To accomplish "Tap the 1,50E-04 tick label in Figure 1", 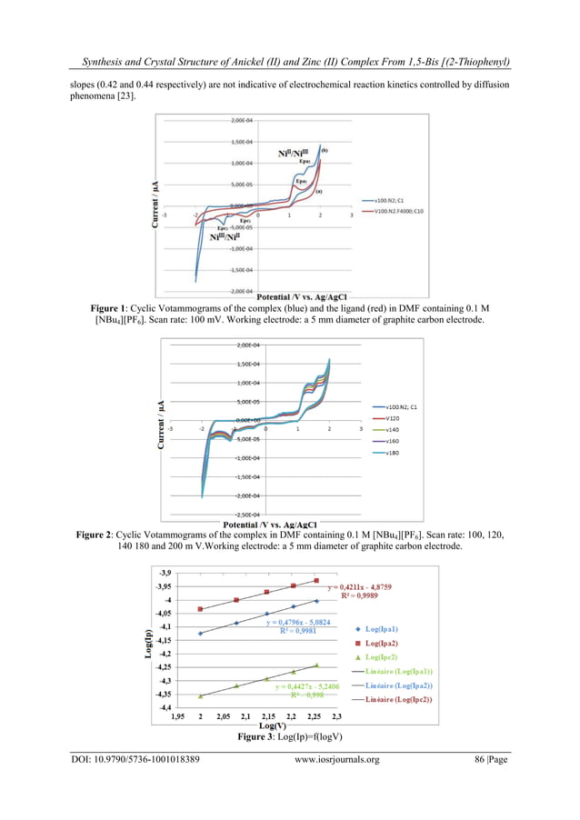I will tap(242, 142).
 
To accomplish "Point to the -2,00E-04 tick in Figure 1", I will tap(240, 291).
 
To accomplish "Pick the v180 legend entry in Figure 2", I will tap(392, 452).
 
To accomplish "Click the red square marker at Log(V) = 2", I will tap(200, 609).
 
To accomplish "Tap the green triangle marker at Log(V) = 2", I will tap(200, 695).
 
